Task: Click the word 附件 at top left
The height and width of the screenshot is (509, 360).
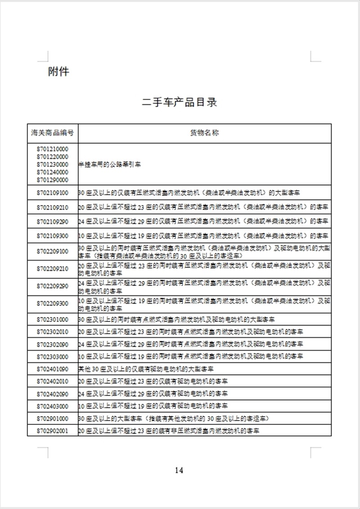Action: click(58, 71)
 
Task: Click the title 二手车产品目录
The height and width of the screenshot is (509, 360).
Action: click(180, 103)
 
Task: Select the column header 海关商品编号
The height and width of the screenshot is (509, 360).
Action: click(53, 133)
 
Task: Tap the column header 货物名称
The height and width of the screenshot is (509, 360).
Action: click(205, 133)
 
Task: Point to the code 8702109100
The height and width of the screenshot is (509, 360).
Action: click(53, 193)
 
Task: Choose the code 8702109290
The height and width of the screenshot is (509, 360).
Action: click(53, 222)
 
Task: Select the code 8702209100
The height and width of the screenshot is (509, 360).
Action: click(53, 251)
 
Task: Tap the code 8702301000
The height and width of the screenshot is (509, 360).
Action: click(53, 319)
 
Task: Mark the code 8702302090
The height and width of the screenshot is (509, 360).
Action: click(53, 344)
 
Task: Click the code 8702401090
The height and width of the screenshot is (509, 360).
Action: click(53, 369)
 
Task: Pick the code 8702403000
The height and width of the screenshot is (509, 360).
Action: click(53, 406)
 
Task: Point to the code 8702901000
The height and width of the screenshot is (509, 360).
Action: click(53, 418)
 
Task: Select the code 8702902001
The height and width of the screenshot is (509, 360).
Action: click(53, 431)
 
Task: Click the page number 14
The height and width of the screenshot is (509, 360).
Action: click(179, 471)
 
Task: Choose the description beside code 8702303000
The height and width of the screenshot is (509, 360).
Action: click(191, 357)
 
